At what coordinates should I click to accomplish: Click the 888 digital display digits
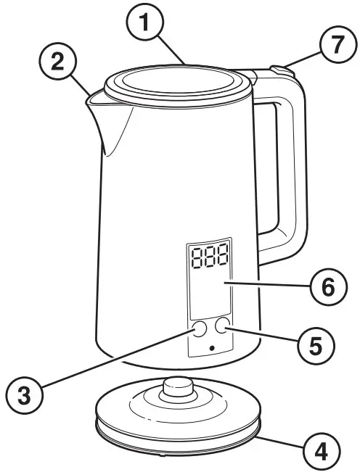click(x=207, y=257)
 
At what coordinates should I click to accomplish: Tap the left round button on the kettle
click(x=199, y=329)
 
